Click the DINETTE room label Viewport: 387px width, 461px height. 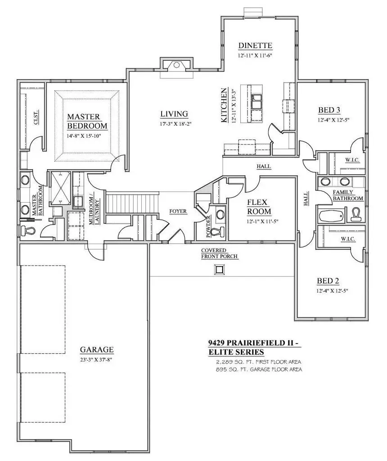[255, 45]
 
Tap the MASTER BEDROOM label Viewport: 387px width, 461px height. [87, 121]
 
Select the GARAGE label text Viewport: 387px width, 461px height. [96, 349]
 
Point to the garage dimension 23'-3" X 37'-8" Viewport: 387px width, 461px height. [96, 360]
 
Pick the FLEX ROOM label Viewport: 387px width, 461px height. [259, 207]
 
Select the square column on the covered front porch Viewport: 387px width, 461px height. [219, 269]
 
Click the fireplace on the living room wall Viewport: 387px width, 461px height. [177, 66]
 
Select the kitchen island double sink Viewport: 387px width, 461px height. [257, 102]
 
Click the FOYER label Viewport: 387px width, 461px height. [178, 211]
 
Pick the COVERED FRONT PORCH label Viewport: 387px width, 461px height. [219, 253]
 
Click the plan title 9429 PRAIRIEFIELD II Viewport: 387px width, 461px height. [250, 343]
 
